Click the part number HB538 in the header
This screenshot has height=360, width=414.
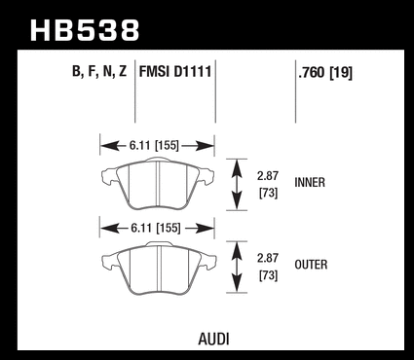point(85,30)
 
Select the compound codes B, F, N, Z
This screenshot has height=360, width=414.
point(99,72)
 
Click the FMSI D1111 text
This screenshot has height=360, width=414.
point(175,71)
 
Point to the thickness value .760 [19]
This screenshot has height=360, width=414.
point(325,73)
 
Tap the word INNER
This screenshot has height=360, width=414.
point(310,183)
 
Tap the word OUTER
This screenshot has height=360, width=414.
point(311,265)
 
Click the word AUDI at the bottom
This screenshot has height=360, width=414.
point(213,340)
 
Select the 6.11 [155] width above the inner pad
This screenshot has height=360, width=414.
point(154,146)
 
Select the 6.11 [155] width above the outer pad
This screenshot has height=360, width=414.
point(156,229)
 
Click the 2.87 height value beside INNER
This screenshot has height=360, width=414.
point(268,176)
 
